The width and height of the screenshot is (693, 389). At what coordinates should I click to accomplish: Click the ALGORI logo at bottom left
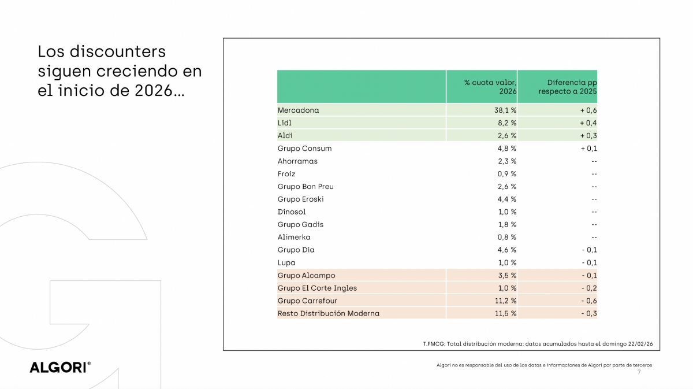[x=60, y=368]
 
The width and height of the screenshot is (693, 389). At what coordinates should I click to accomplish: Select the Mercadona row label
[x=298, y=110]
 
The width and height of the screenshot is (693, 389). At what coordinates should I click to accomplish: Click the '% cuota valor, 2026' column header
[x=490, y=87]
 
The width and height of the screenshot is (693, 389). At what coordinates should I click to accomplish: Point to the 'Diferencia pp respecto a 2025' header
[x=567, y=87]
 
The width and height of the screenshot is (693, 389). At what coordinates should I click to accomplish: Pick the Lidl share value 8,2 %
[x=505, y=123]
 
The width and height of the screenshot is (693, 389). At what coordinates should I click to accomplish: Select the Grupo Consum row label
[x=304, y=148]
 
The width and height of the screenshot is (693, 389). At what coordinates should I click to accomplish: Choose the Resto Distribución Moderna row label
[x=328, y=313]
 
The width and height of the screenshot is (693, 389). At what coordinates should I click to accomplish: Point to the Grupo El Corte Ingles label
[x=317, y=288]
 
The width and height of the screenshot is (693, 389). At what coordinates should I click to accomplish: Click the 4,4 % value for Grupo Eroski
[x=505, y=199]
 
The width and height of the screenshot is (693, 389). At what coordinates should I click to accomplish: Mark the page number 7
[x=639, y=372]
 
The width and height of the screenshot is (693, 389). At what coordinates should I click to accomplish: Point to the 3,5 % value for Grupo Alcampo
[x=505, y=275]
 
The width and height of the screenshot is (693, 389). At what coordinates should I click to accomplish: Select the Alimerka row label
[x=294, y=237]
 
